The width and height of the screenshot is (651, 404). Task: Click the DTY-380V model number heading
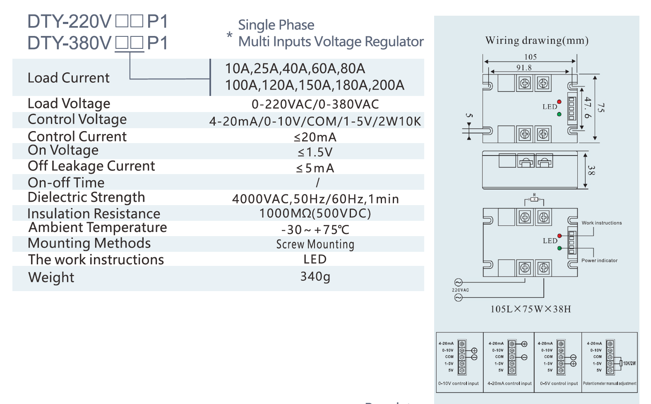pos(97,43)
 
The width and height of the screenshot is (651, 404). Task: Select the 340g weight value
pos(315,276)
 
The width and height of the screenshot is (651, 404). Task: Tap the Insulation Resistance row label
pos(94,213)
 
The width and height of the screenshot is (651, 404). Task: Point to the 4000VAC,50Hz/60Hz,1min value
pos(315,199)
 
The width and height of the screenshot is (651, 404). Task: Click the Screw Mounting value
pos(315,244)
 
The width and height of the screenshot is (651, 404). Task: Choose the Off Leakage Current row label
pos(91,166)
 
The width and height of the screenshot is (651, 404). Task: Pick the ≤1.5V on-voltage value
pos(315,152)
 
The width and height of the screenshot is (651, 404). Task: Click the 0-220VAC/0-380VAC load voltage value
pos(315,104)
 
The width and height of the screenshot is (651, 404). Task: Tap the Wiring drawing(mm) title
pos(537,41)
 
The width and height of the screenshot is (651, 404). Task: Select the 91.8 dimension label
pos(524,68)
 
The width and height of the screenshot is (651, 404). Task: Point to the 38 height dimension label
pos(591,170)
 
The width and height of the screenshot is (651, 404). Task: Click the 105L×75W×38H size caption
pos(531,309)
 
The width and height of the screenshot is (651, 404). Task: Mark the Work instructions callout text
pos(601,223)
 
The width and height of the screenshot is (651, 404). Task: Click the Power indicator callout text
pos(599,261)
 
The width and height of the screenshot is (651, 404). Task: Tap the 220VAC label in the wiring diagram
pos(460,290)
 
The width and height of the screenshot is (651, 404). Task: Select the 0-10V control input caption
pos(459,383)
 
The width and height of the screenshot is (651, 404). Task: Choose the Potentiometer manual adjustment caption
pos(610,383)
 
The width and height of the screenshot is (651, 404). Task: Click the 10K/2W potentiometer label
pos(629,363)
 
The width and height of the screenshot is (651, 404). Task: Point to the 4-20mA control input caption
pos(509,383)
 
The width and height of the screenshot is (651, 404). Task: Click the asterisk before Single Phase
pos(229,35)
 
